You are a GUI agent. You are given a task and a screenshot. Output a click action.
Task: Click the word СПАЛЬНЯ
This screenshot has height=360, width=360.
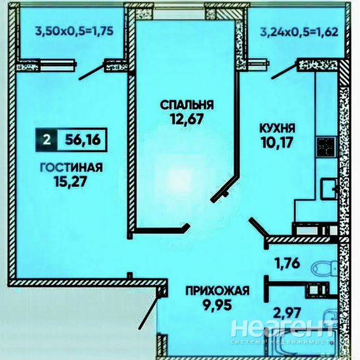click(x=187, y=105)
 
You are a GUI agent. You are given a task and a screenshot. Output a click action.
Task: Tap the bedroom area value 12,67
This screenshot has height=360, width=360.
click(x=187, y=119)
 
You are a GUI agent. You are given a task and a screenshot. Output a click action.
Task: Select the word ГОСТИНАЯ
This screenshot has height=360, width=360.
click(x=71, y=168)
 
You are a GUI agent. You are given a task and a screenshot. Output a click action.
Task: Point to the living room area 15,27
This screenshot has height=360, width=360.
click(x=71, y=182)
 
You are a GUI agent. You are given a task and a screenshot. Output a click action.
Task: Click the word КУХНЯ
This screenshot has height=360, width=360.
click(x=277, y=128)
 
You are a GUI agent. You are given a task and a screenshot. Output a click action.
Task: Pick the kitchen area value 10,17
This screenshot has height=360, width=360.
click(x=277, y=143)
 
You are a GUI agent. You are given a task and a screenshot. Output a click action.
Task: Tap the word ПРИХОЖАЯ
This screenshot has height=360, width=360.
click(x=217, y=291)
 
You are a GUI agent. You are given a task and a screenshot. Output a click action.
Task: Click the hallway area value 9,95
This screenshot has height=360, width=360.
click(x=217, y=305)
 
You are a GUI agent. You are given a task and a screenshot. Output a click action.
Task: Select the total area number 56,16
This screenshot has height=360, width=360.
click(x=83, y=139)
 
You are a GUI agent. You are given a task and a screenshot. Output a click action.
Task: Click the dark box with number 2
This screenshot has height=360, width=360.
click(x=46, y=140)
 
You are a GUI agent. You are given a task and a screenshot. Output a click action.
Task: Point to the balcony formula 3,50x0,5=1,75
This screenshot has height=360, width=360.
click(x=74, y=31)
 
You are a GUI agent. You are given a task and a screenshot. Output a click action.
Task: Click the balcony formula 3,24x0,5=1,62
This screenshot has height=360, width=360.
click(x=299, y=32)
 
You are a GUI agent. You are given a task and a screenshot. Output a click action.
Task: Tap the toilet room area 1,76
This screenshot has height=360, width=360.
click(x=286, y=263)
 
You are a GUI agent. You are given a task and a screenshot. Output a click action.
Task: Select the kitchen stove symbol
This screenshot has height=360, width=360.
click(x=326, y=147)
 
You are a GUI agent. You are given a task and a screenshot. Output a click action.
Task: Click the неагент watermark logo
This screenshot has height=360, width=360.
click(x=282, y=328)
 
